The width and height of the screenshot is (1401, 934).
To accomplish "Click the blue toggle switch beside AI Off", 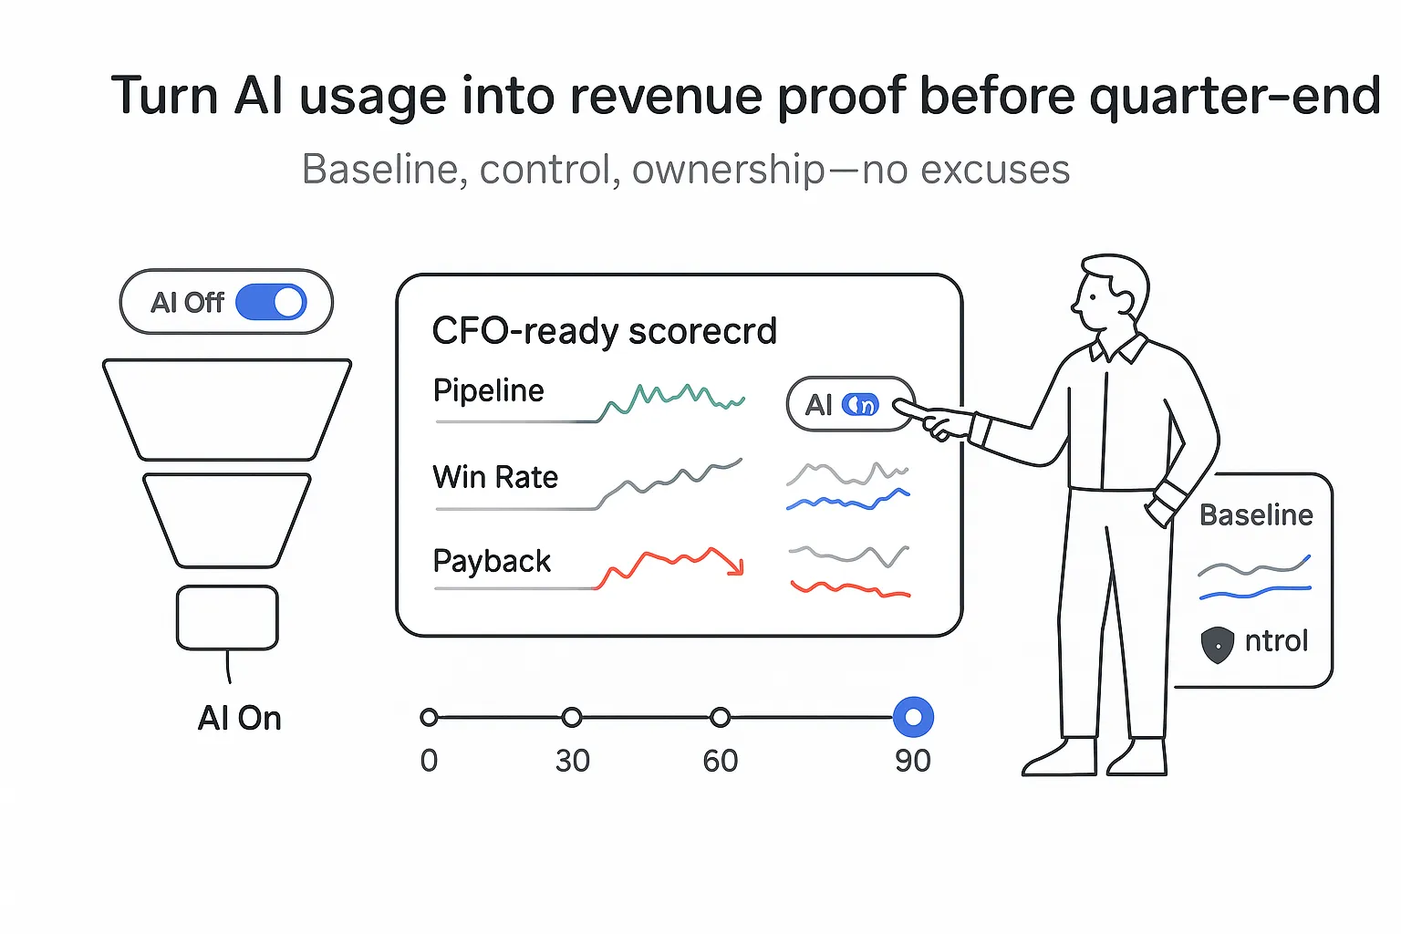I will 271,302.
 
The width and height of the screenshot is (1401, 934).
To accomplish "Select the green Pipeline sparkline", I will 673,400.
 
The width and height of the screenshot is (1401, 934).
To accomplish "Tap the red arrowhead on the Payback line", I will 737,566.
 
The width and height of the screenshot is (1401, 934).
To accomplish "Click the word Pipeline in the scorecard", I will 488,391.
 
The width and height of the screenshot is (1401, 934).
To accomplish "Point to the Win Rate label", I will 495,477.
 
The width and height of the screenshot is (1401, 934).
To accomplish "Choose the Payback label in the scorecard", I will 492,561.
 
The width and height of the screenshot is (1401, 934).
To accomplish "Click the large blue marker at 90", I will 913,717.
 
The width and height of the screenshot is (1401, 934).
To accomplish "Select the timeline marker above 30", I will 572,718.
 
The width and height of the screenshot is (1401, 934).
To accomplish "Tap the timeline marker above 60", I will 721,718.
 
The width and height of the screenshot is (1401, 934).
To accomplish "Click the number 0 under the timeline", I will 429,761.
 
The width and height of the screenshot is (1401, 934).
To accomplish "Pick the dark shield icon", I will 1218,644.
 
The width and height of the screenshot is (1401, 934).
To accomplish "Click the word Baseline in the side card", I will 1256,515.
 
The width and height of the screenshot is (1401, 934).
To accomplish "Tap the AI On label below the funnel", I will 239,719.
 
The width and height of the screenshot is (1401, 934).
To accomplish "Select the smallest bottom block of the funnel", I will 227,617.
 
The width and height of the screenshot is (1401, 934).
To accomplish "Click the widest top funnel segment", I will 227,409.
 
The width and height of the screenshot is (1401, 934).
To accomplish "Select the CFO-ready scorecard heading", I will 604,331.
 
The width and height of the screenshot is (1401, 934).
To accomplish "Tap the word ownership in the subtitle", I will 728,170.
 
